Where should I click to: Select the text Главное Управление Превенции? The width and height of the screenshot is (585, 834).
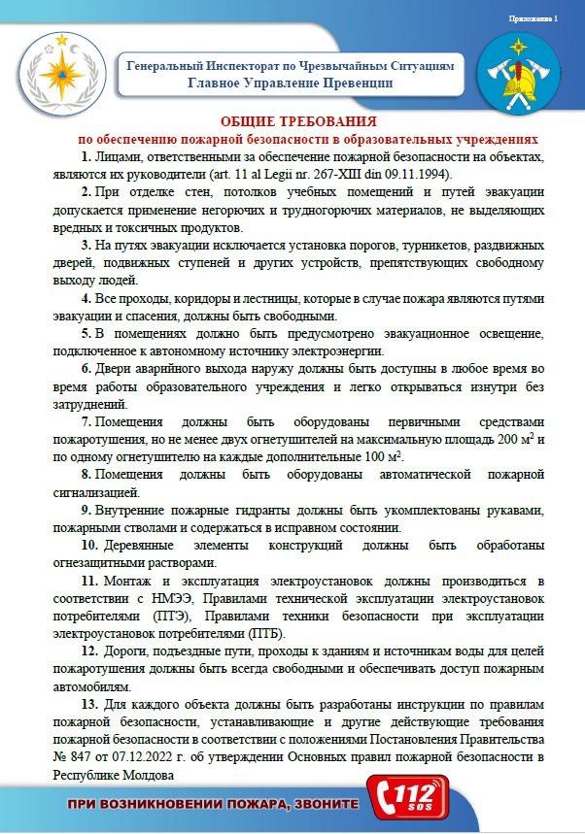(x=291, y=83)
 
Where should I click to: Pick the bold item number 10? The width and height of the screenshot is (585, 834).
(x=88, y=544)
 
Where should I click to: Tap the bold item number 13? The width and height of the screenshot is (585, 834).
(x=89, y=702)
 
